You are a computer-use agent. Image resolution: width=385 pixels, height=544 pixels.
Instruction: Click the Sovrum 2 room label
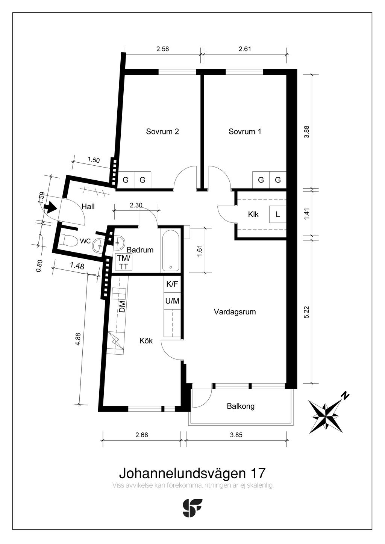coord(162,131)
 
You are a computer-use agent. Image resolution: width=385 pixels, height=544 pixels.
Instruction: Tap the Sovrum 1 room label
coord(245,131)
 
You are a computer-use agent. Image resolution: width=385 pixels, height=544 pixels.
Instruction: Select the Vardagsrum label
coord(235,312)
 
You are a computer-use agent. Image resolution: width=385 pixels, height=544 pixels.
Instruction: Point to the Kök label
coord(146,341)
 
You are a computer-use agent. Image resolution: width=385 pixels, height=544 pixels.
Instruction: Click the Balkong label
coord(241,406)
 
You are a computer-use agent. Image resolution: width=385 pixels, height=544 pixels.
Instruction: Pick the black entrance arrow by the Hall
coord(51,207)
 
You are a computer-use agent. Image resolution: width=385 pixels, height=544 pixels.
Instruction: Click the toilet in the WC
coord(67,239)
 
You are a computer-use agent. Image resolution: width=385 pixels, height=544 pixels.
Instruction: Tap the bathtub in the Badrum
coord(171,251)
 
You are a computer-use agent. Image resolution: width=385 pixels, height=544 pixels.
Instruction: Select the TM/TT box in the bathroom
coord(124,262)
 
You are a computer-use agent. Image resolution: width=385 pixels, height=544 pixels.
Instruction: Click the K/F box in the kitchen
coord(172,284)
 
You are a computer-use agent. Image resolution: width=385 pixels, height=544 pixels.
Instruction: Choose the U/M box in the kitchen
coord(172,301)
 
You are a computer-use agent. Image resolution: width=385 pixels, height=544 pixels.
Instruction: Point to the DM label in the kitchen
coord(122,307)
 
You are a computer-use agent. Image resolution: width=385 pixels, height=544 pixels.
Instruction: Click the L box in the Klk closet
coord(277,215)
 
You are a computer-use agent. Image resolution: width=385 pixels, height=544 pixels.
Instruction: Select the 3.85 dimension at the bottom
coord(236,435)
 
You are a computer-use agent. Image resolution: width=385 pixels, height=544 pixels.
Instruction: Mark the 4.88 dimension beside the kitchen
coord(78,339)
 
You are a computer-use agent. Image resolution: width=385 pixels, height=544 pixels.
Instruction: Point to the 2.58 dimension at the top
coord(162,49)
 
